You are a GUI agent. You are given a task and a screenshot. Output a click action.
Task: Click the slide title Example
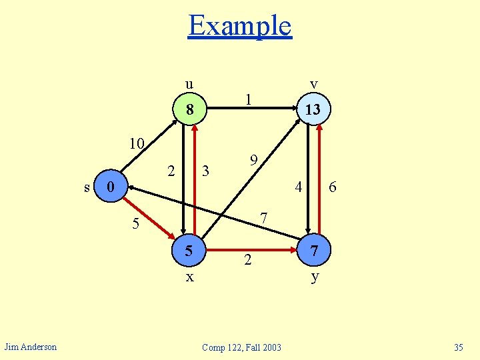(240, 25)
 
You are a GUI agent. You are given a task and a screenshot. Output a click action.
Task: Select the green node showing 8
(190, 109)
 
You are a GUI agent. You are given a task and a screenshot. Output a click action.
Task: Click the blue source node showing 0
(113, 186)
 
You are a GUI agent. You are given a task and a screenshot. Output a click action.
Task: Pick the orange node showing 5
(190, 251)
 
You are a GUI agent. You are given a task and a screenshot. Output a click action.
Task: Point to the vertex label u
(189, 84)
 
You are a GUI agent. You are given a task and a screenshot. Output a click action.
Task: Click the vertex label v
(313, 84)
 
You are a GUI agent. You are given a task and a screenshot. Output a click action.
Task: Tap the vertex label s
(87, 187)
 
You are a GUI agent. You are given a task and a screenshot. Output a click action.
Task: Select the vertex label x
(190, 277)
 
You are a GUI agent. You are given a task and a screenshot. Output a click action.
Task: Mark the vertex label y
(314, 277)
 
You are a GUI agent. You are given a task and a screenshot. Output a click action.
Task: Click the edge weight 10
(137, 144)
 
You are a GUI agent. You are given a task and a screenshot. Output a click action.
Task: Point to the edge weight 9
(253, 161)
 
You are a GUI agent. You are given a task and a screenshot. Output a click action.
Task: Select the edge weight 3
(206, 171)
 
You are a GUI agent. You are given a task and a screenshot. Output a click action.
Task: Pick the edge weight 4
(299, 187)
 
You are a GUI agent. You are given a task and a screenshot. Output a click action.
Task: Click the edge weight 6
(333, 189)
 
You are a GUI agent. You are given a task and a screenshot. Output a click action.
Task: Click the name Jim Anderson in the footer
(31, 346)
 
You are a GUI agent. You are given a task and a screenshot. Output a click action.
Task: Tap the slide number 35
(458, 347)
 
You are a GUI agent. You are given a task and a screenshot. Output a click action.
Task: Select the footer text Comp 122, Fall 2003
(241, 347)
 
